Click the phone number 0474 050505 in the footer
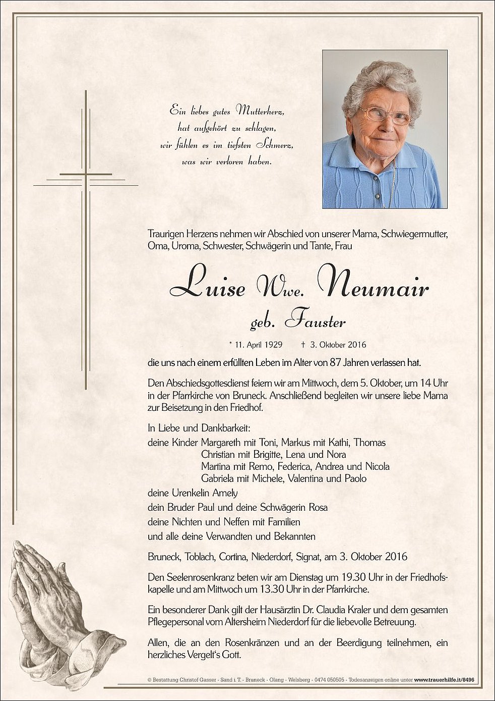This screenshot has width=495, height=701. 329,681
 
